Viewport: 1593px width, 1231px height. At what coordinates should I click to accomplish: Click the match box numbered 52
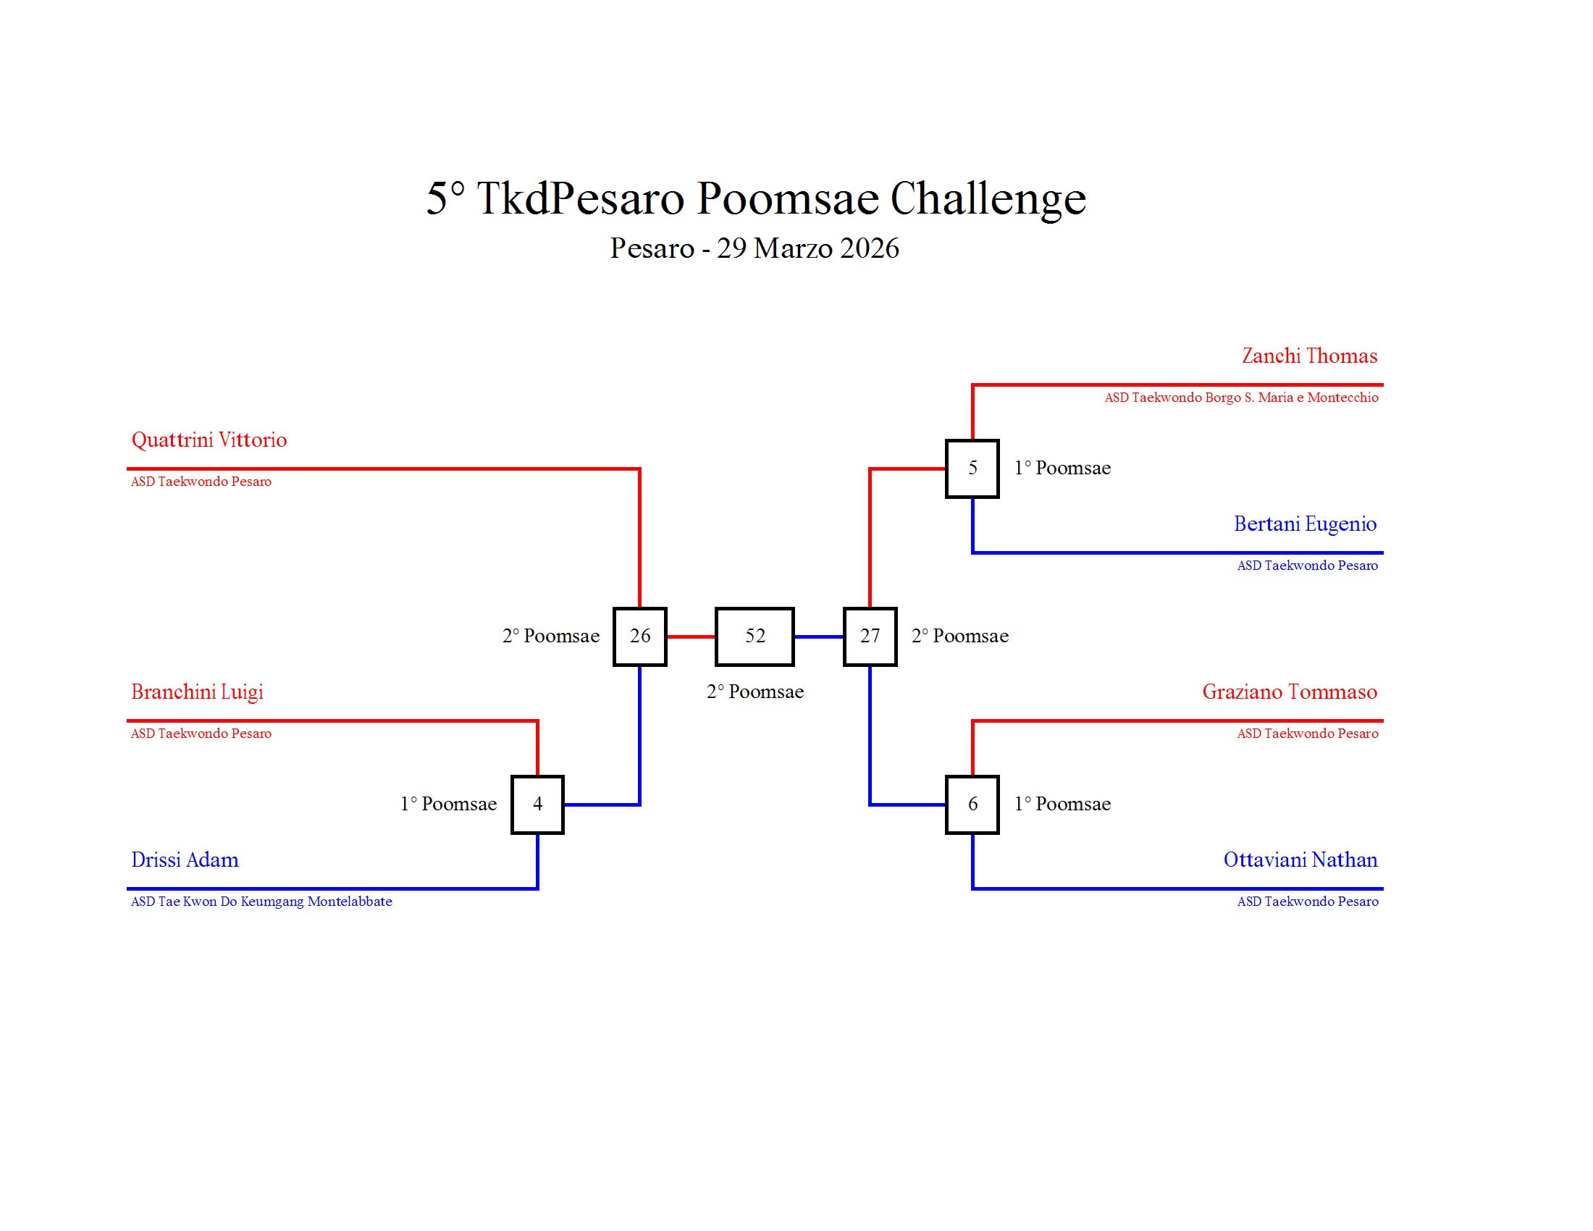pos(755,636)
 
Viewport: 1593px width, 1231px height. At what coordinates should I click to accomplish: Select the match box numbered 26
pos(639,636)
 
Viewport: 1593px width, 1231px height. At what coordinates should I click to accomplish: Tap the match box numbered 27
pos(870,636)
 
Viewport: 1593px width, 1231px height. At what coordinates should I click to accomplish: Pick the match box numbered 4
pos(537,804)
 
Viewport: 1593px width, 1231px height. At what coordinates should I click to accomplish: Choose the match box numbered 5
pos(972,469)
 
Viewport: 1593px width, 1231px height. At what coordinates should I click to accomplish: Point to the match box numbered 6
pos(972,804)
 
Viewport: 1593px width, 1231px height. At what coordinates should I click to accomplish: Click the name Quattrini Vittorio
pos(209,440)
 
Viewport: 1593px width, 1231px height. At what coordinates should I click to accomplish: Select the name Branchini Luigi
pos(197,692)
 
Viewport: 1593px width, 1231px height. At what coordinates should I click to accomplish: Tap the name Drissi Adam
pos(185,860)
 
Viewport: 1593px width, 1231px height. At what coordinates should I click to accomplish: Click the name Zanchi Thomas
pos(1309,356)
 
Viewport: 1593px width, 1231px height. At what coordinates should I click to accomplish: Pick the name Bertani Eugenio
pos(1305,524)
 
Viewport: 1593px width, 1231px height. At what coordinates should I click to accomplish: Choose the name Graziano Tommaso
pos(1290,692)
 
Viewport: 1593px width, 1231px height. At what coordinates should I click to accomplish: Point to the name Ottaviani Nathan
pos(1300,860)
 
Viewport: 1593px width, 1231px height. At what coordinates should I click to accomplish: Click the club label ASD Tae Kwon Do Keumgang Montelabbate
pos(261,902)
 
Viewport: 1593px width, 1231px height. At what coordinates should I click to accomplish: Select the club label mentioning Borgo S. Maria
pos(1240,398)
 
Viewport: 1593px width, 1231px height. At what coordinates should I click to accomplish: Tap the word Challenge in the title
pos(988,198)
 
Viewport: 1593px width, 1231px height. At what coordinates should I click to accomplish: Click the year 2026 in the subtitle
pos(869,248)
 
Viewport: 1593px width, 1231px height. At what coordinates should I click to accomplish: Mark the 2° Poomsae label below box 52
pos(755,692)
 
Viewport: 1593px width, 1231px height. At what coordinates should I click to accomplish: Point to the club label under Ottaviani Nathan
pos(1307,902)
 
